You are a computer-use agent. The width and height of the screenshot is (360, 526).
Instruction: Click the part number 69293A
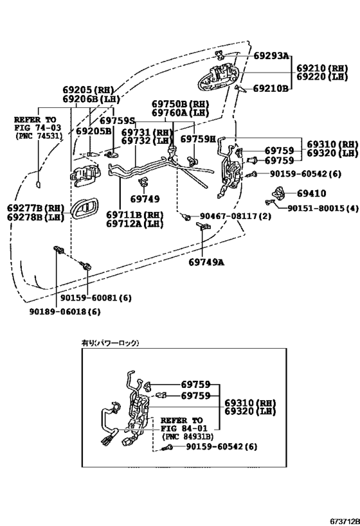click(x=271, y=55)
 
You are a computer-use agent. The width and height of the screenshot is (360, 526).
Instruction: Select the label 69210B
click(x=271, y=89)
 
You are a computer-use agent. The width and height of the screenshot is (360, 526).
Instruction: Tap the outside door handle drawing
click(x=219, y=78)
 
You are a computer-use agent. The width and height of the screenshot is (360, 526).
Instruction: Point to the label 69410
click(x=311, y=193)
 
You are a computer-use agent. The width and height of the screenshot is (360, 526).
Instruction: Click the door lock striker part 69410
click(x=278, y=193)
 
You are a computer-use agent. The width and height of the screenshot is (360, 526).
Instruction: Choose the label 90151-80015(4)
click(x=323, y=208)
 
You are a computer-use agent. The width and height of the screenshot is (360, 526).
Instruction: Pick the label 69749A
click(x=206, y=262)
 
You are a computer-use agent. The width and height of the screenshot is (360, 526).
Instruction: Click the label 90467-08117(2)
click(x=235, y=216)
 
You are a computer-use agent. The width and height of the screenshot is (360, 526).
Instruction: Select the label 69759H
click(x=198, y=139)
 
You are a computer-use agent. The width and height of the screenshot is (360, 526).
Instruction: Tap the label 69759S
click(x=117, y=121)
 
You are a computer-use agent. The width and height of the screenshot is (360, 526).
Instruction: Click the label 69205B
click(x=94, y=131)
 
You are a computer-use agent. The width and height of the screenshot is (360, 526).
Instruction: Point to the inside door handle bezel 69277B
click(x=85, y=209)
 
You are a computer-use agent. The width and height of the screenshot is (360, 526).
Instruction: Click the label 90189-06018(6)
click(x=65, y=311)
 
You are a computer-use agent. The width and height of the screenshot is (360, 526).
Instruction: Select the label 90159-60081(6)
click(x=96, y=297)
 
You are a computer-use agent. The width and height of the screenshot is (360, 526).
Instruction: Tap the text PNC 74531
click(x=39, y=136)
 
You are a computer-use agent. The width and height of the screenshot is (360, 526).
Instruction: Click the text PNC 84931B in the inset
click(x=187, y=437)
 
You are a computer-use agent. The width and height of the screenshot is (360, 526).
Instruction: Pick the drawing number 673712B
click(x=345, y=522)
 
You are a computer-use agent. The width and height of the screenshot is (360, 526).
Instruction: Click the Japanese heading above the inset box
click(x=110, y=343)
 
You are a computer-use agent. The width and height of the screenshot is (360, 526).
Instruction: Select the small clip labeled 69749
click(x=145, y=181)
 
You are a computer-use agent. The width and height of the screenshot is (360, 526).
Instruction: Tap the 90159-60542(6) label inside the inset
click(x=222, y=447)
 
